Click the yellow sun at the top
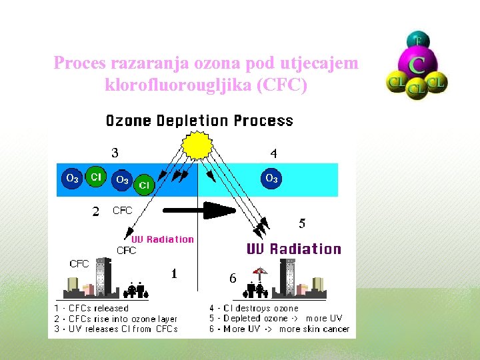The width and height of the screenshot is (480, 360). pos(197,143)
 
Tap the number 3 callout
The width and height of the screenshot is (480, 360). pos(115,153)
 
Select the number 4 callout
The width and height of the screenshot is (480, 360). pos(273,153)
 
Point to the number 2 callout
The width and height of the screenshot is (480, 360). pos(96,211)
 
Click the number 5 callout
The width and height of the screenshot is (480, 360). pos(302,223)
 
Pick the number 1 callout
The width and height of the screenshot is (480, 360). pos(174,273)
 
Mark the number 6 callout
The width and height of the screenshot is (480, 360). pos(232,279)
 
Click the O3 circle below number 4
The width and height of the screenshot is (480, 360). pos(271,179)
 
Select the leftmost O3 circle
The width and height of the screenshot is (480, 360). pos(71,179)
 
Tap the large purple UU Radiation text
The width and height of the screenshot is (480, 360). pos(293,249)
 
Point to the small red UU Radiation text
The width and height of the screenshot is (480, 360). pos(163,239)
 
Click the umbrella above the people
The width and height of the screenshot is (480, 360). pos(259,271)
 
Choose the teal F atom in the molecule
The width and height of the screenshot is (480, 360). pos(418,40)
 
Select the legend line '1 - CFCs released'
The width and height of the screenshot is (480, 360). pos(91,308)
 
